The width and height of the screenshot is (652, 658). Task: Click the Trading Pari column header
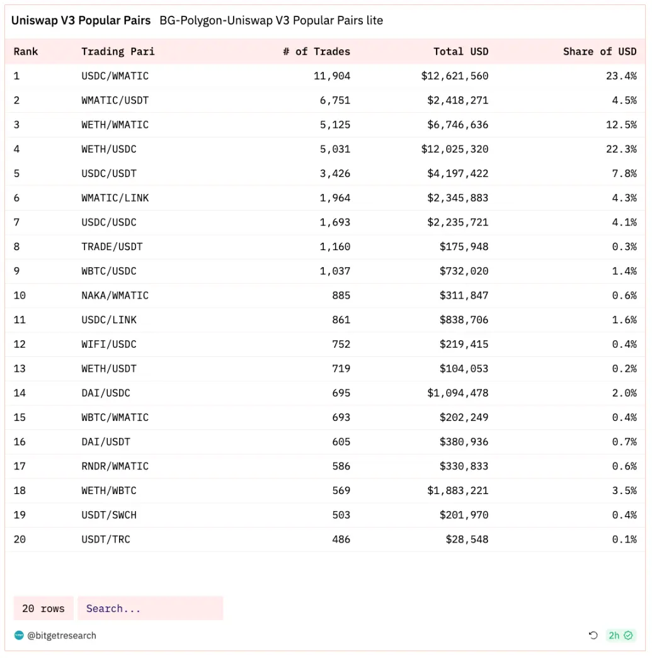118,52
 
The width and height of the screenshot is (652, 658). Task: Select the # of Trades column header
316,52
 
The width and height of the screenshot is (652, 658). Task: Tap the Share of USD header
600,52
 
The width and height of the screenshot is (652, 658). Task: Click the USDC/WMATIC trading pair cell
115,76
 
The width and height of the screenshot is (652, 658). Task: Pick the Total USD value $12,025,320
455,149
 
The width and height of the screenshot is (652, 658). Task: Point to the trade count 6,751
335,100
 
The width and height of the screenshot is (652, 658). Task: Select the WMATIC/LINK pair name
115,198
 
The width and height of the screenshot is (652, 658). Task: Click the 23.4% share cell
621,76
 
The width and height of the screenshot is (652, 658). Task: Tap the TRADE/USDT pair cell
112,246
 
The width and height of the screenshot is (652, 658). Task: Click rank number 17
20,466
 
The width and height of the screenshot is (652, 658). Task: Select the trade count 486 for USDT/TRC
341,540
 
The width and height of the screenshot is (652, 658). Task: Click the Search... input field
150,609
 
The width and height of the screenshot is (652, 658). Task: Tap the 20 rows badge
43,609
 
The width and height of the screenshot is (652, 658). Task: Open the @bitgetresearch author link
61,636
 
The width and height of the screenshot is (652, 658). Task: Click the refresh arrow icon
593,635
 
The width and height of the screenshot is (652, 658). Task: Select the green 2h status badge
621,635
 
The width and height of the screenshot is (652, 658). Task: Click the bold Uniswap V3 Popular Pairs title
81,21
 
